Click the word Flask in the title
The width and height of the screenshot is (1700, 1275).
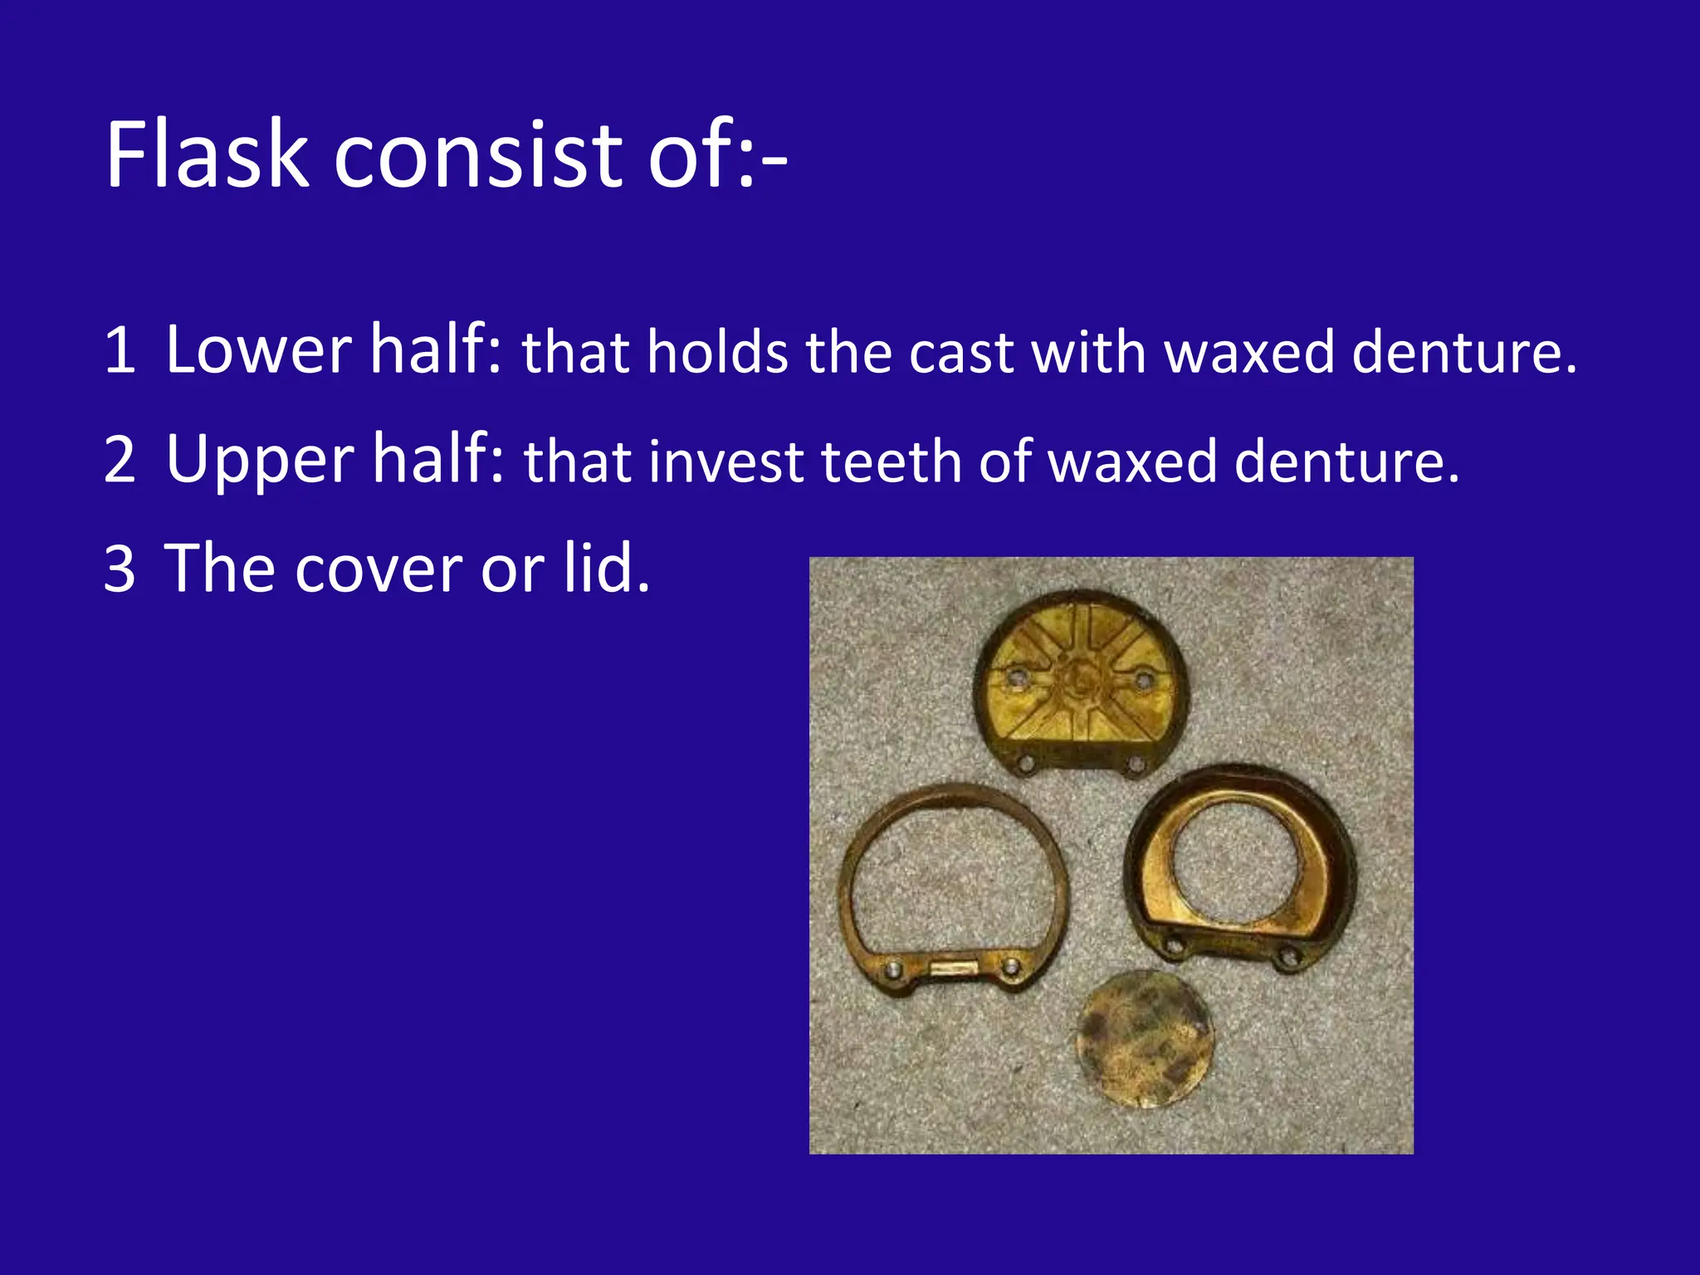click(207, 155)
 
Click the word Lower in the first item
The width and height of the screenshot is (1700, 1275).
click(258, 349)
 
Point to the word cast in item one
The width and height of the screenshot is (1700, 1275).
click(961, 352)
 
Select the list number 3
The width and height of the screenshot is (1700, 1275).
click(120, 569)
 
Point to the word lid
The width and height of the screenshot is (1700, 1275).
click(605, 568)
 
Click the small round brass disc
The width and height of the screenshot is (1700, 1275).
click(1144, 1038)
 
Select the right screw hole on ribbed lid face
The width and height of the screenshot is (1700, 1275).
click(1144, 680)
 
